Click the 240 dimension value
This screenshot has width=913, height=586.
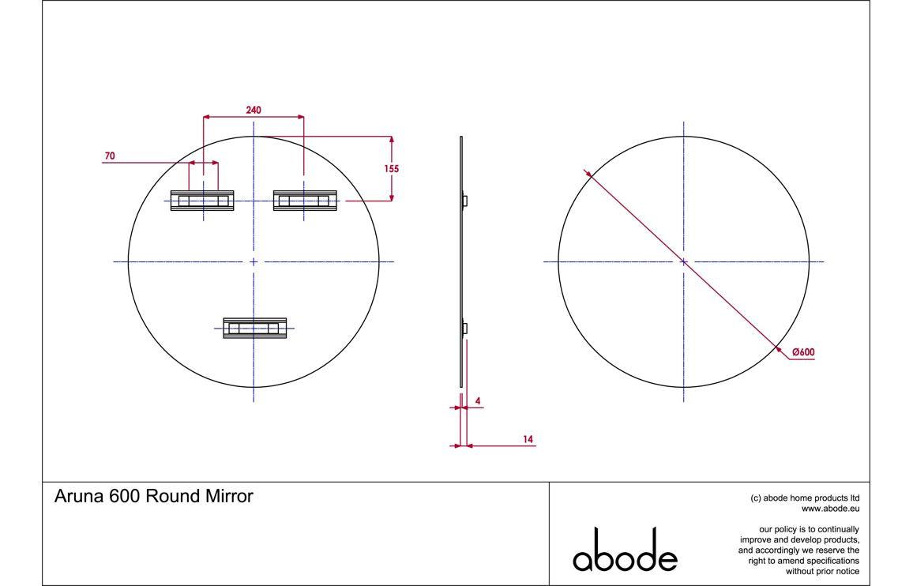pyautogui.click(x=253, y=110)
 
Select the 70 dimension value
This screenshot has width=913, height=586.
pyautogui.click(x=109, y=156)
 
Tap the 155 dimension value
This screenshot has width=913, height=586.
pyautogui.click(x=391, y=168)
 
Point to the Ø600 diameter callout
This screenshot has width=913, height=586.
pyautogui.click(x=803, y=352)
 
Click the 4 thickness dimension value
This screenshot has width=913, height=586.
pyautogui.click(x=477, y=401)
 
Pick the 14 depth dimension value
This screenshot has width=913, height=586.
pyautogui.click(x=528, y=438)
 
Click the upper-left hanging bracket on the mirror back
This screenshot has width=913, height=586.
pyautogui.click(x=203, y=201)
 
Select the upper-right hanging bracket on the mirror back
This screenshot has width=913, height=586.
pyautogui.click(x=304, y=201)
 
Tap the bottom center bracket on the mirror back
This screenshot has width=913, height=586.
pyautogui.click(x=254, y=328)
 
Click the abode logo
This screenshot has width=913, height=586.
pyautogui.click(x=625, y=550)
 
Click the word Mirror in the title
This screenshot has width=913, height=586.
pyautogui.click(x=229, y=497)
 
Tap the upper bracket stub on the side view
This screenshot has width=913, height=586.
pyautogui.click(x=465, y=201)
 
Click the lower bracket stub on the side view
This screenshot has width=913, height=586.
pyautogui.click(x=465, y=328)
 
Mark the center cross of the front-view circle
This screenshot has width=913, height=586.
pyautogui.click(x=683, y=261)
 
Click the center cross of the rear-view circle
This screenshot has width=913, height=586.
pyautogui.click(x=254, y=261)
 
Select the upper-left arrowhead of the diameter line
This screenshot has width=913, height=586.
pyautogui.click(x=588, y=171)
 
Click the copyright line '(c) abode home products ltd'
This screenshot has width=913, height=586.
pyautogui.click(x=805, y=498)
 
